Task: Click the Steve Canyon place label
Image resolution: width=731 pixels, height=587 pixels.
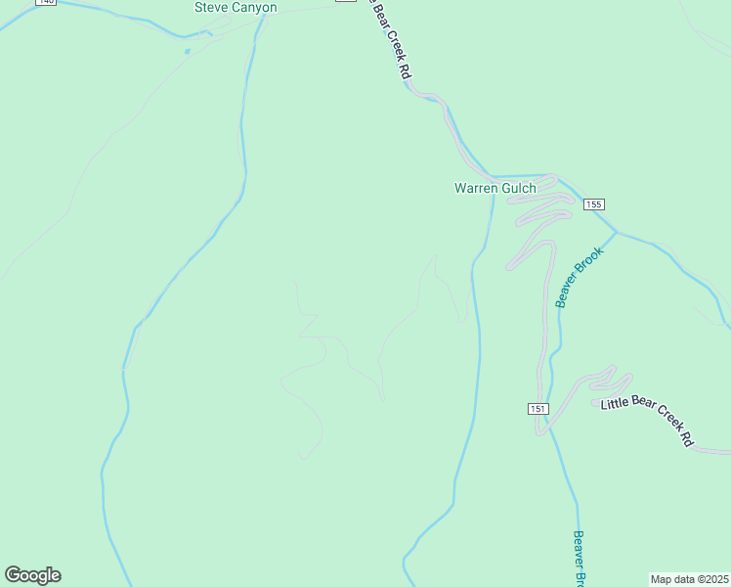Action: (x=236, y=8)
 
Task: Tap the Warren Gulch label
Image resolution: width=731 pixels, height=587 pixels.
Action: (x=494, y=188)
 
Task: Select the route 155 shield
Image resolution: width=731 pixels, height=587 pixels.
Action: (x=594, y=204)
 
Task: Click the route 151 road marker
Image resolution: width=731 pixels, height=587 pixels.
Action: (x=539, y=408)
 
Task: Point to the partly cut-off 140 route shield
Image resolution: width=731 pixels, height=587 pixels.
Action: (x=45, y=2)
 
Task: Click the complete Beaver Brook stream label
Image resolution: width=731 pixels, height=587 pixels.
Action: (x=580, y=277)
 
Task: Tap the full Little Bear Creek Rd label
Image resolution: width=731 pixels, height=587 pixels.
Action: (x=647, y=422)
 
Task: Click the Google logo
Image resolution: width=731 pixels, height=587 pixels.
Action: (x=32, y=575)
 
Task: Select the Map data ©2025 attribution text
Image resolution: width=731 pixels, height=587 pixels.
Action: (x=690, y=579)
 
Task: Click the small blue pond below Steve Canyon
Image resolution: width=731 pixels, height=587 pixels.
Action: (x=186, y=50)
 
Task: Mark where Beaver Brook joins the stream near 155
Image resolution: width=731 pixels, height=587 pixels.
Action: (x=617, y=233)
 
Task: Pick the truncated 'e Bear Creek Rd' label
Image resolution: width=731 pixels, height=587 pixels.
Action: (x=389, y=39)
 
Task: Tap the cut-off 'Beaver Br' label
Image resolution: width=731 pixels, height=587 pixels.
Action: (x=579, y=559)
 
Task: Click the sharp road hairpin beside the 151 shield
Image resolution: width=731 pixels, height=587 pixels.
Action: (x=537, y=431)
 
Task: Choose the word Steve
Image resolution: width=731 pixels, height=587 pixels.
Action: (x=210, y=8)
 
